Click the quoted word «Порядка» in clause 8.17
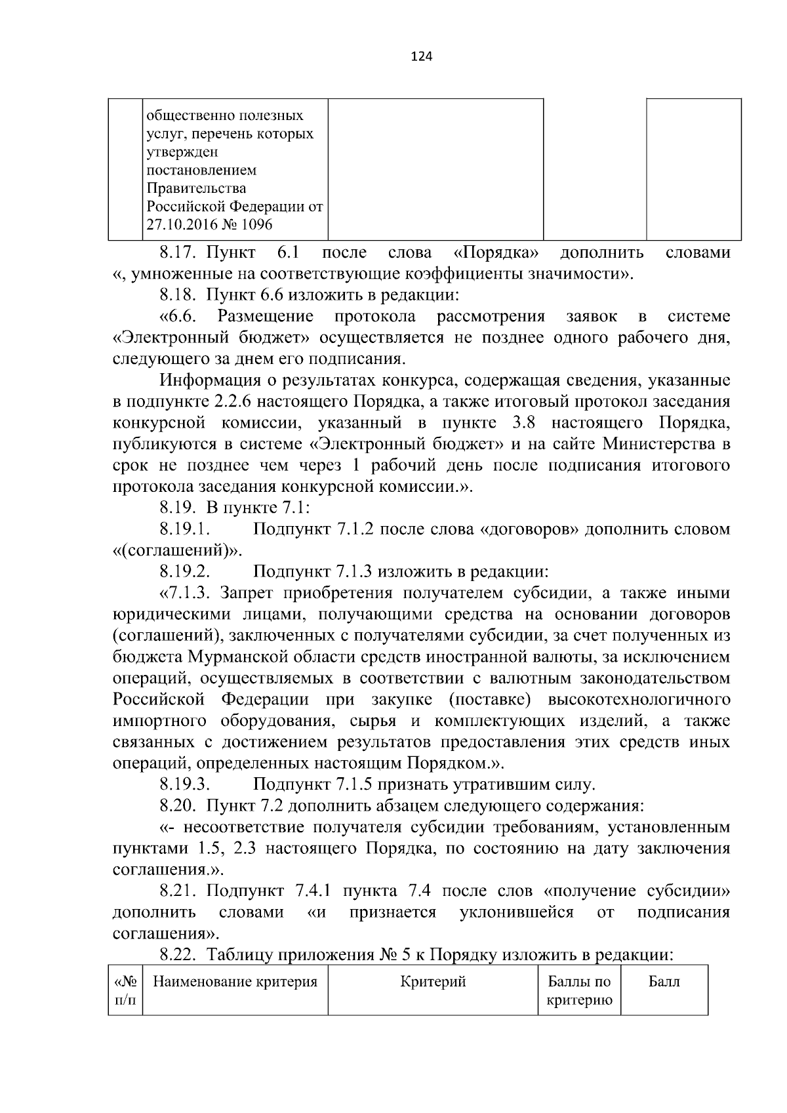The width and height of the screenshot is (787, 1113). click(500, 253)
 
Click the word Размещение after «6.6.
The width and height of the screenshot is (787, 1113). click(265, 317)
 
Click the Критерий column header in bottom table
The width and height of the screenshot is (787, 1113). click(433, 982)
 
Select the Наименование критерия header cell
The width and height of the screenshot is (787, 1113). click(235, 982)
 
